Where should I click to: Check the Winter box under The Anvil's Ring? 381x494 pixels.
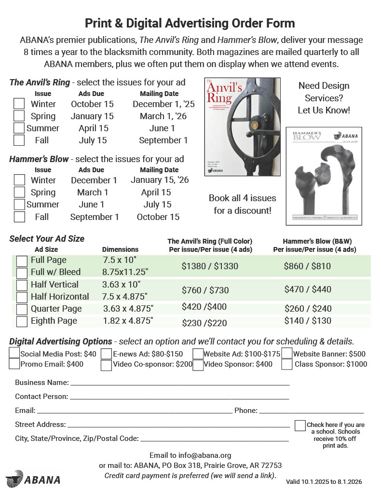[x=19, y=104]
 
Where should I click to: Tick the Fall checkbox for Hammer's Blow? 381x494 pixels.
[x=19, y=217]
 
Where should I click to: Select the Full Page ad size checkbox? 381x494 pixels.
[x=22, y=261]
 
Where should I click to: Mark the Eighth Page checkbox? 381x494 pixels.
[x=22, y=321]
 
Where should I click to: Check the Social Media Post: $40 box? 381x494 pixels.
[x=14, y=354]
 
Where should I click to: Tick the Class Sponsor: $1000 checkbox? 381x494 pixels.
[x=287, y=364]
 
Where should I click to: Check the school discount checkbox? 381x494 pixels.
[x=300, y=425]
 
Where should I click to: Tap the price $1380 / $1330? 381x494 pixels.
[x=210, y=266]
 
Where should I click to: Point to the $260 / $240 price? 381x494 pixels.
[x=308, y=308]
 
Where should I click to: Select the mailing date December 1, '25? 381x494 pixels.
[x=163, y=104]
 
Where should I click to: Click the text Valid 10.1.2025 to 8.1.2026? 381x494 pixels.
[x=324, y=481]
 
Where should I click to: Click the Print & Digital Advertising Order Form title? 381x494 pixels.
[x=190, y=23]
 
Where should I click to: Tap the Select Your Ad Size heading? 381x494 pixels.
[x=47, y=238]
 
